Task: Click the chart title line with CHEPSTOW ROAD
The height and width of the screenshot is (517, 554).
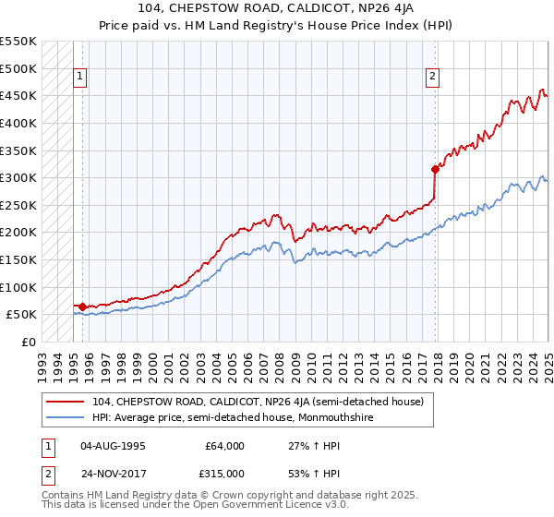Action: (x=276, y=8)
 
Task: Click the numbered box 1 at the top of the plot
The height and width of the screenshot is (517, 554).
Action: (x=80, y=78)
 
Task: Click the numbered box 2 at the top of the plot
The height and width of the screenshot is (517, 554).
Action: (x=431, y=78)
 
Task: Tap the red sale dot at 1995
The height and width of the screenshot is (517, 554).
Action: (x=82, y=307)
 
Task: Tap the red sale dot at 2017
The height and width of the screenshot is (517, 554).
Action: (x=434, y=169)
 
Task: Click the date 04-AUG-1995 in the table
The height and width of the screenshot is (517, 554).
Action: (x=113, y=446)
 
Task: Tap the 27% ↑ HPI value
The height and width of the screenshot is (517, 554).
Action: (x=303, y=446)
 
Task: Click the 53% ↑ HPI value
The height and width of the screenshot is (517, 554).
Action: (x=303, y=472)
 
